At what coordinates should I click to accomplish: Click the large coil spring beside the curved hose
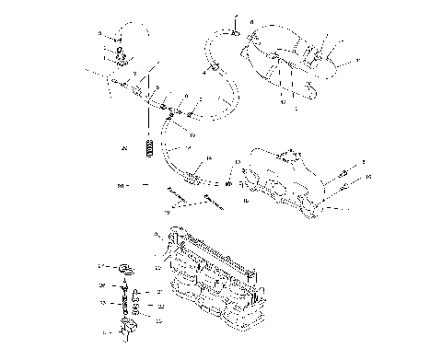coord(146,146)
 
